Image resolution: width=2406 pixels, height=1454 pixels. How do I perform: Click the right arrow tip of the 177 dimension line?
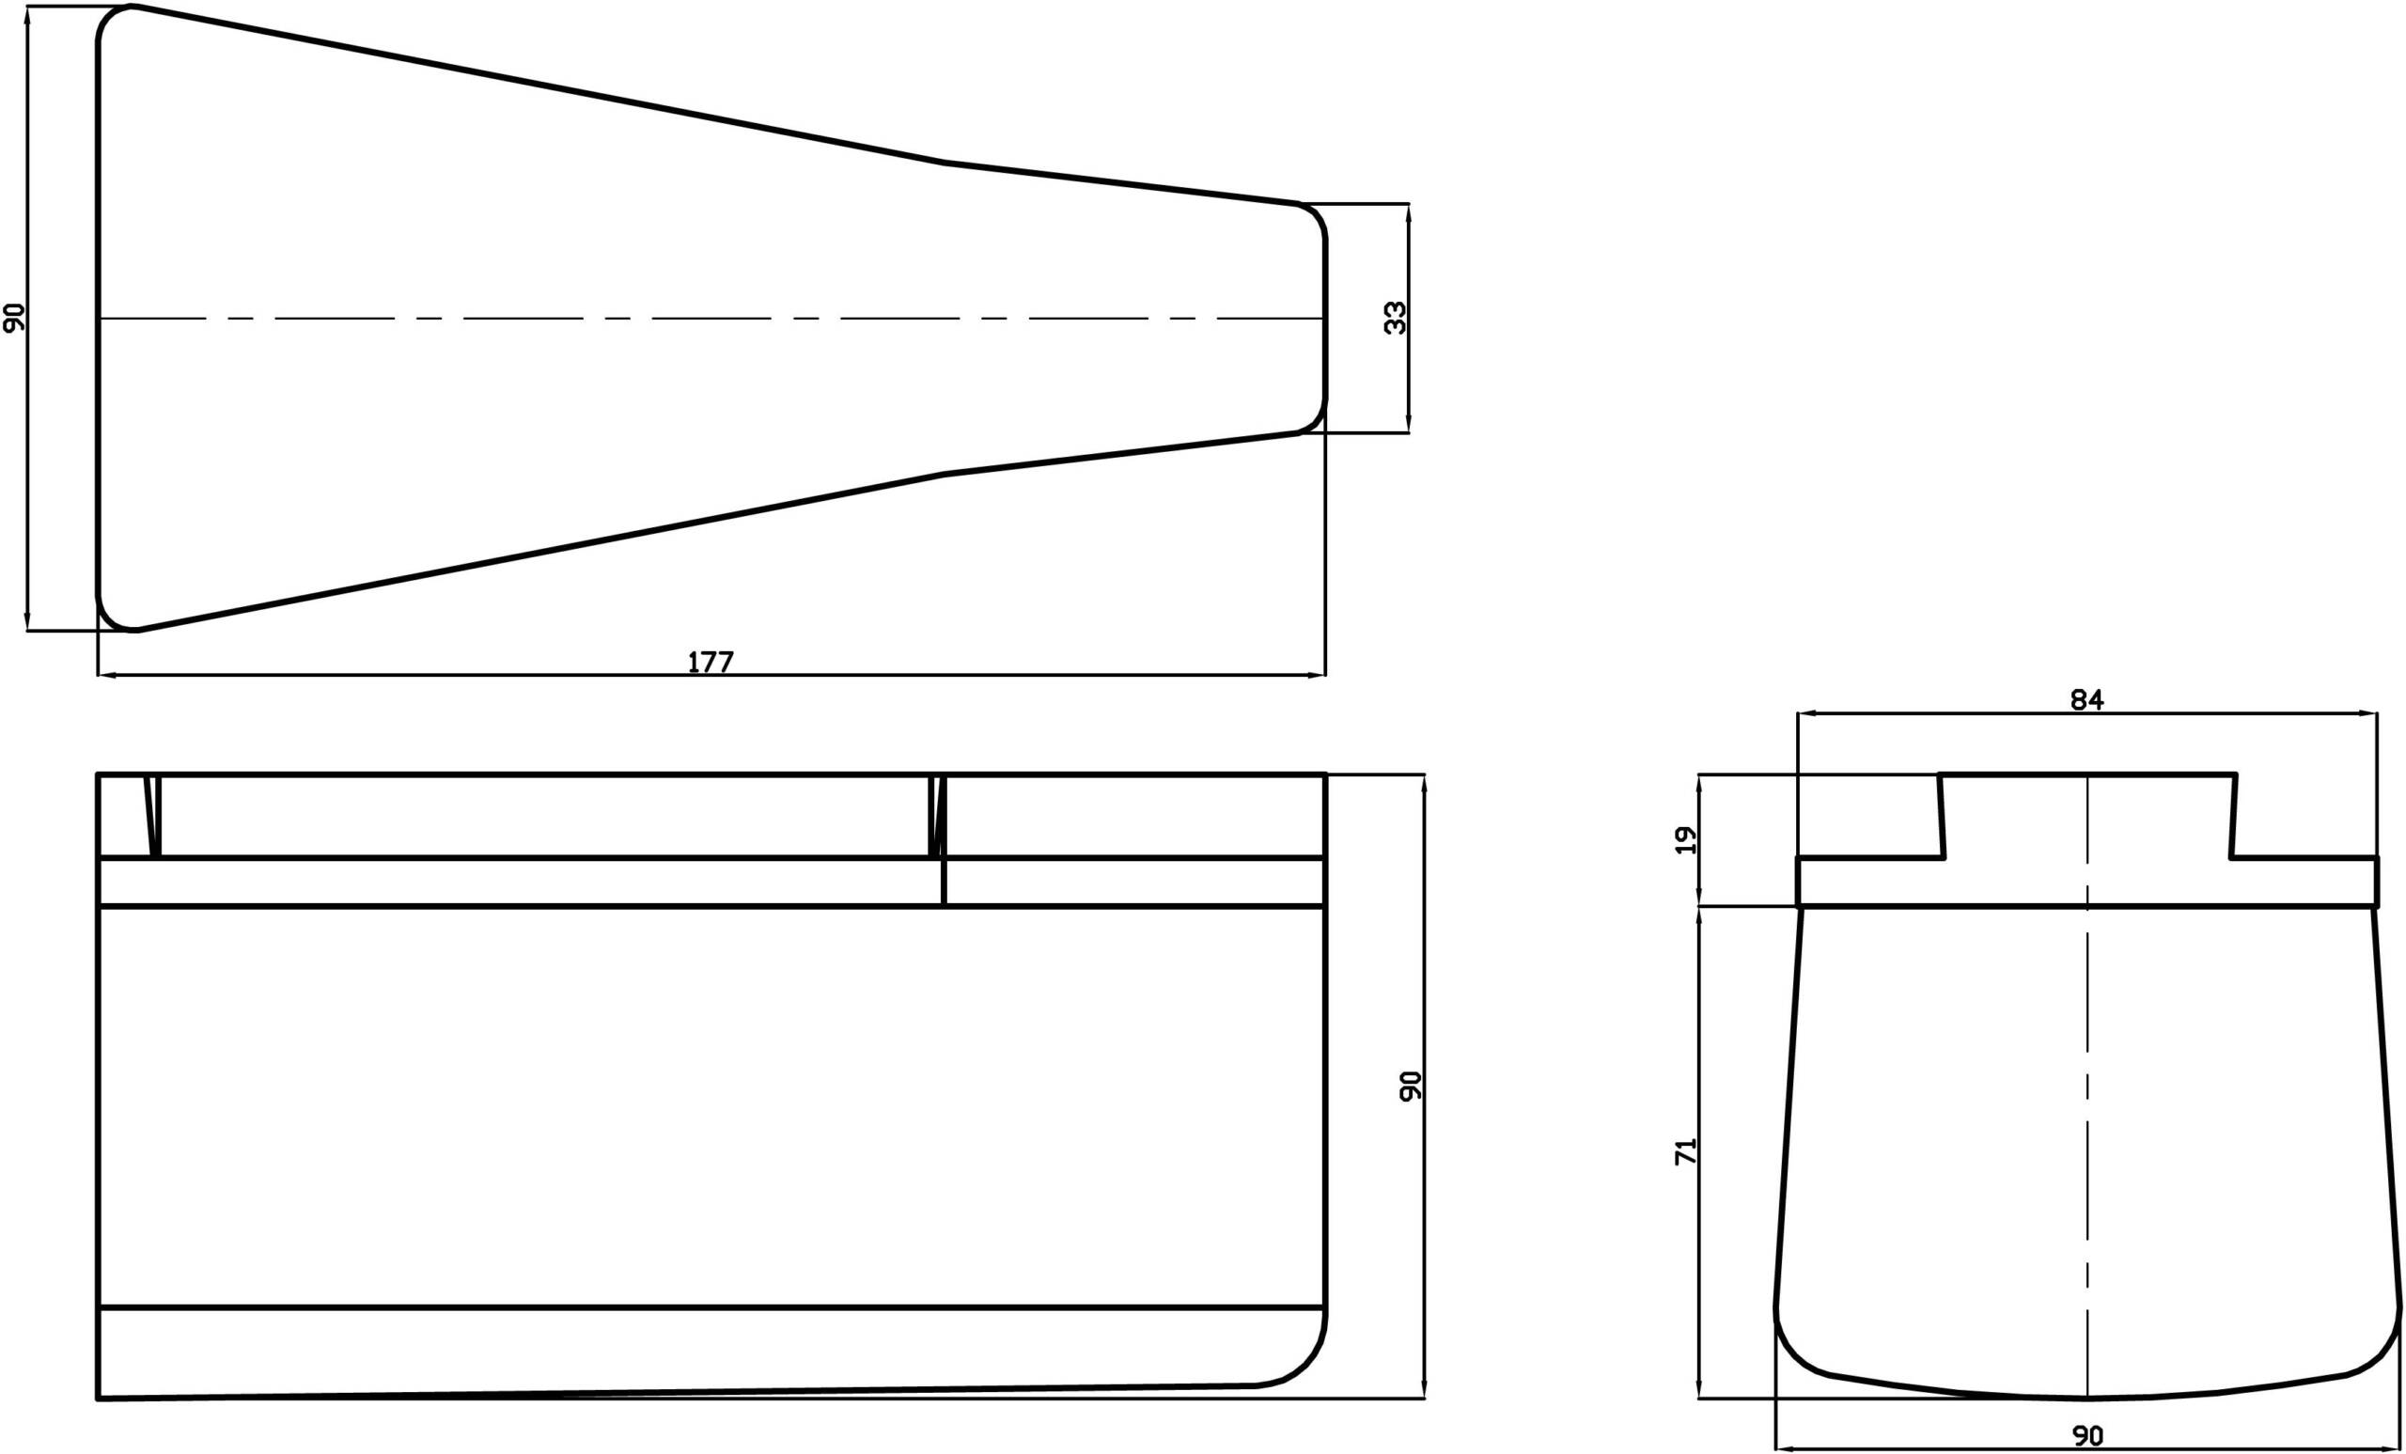coord(1325,675)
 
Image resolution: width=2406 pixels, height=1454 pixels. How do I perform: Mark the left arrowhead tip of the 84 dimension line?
coord(1799,713)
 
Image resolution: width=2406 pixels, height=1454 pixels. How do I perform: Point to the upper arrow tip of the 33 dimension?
coord(1408,204)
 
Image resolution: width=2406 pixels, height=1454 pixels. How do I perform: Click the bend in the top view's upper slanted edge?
coord(944,162)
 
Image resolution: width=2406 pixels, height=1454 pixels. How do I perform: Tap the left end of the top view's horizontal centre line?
coord(99,319)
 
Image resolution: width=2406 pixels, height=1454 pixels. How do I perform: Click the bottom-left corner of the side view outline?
coord(99,1399)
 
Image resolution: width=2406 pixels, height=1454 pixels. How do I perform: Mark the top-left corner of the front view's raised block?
coord(1939,774)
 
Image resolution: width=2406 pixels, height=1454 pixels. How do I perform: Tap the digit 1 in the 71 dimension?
coord(1686,1142)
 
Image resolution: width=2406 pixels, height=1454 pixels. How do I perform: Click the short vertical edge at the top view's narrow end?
coord(1325,319)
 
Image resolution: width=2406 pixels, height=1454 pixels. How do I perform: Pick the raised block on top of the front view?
coord(2087,817)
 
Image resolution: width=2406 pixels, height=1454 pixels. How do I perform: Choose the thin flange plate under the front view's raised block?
coord(2087,883)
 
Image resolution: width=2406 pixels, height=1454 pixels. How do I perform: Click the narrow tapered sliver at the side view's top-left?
coord(152,817)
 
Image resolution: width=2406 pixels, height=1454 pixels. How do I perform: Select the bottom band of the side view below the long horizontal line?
coord(711,1352)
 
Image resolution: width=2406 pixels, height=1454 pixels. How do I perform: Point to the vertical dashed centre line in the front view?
coord(2087,1086)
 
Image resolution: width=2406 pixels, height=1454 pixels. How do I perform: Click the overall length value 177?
coord(711,662)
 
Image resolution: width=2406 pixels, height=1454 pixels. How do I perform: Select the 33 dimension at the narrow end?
coord(1396,319)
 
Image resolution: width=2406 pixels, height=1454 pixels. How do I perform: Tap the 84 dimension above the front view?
coord(2087,699)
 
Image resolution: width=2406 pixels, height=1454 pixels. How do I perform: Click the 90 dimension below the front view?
coord(2087,1435)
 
